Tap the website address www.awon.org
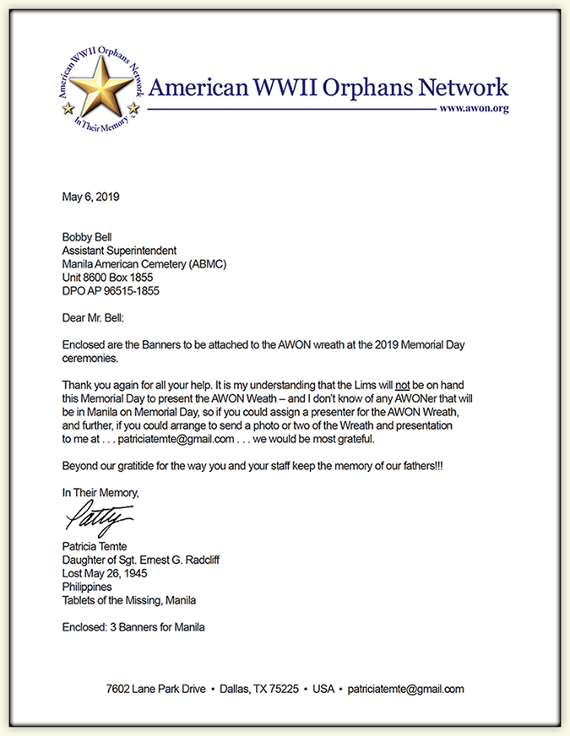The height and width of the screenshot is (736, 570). coord(474,110)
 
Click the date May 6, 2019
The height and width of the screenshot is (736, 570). coord(91,198)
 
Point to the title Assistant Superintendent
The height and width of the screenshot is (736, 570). coord(119,251)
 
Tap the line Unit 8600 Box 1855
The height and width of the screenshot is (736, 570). coord(109,278)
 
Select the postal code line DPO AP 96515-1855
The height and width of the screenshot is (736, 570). coord(111,291)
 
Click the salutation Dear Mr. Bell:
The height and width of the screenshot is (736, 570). coord(94,319)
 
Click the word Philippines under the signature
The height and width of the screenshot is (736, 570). coord(86,587)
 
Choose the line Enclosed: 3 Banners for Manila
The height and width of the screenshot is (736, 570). coord(133,627)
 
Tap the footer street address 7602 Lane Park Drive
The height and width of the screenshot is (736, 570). coord(155,689)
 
